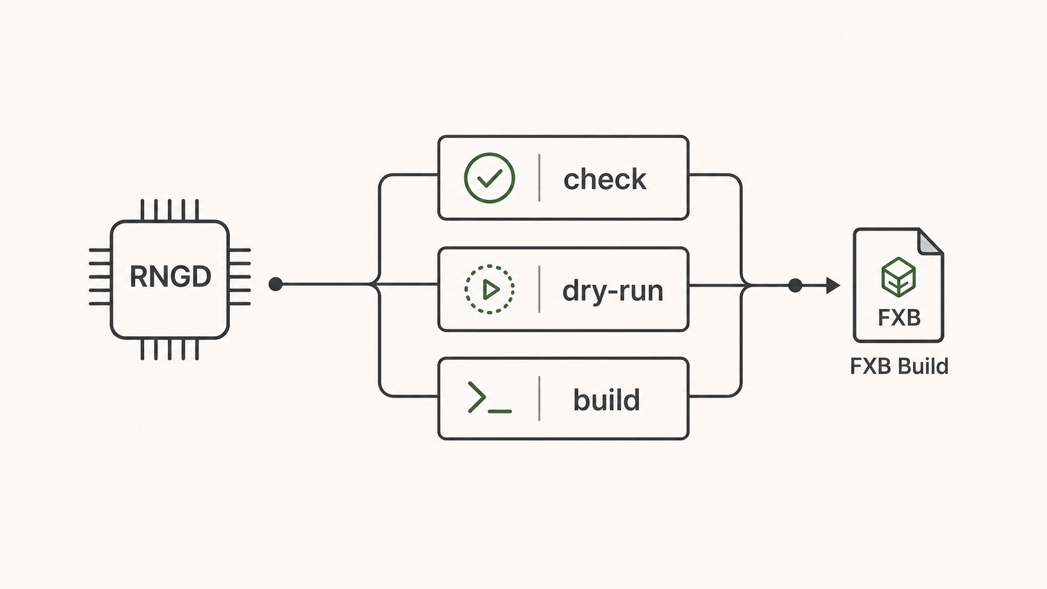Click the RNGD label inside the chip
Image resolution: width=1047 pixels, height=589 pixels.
click(170, 277)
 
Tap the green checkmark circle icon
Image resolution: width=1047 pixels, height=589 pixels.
click(490, 178)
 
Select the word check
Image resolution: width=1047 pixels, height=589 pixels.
click(605, 180)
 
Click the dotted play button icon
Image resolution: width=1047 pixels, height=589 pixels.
click(490, 289)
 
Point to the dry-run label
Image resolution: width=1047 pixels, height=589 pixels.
click(613, 291)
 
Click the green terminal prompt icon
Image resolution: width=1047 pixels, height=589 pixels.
click(490, 397)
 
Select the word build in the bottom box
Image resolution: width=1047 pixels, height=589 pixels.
click(607, 400)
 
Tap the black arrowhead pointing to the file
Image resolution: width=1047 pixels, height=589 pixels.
click(833, 285)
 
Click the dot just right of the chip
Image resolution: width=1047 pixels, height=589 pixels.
click(276, 284)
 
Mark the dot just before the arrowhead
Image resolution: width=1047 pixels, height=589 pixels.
click(795, 285)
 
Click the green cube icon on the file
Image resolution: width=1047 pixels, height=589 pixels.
click(899, 277)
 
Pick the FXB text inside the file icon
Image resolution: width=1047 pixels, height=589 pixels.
click(899, 318)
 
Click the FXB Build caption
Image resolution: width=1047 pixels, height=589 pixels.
click(899, 366)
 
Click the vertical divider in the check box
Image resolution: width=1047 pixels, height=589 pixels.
click(539, 178)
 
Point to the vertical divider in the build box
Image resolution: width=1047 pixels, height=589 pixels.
click(539, 399)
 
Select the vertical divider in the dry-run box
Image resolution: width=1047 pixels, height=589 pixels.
click(539, 289)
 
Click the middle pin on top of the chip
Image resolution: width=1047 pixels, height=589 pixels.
click(170, 210)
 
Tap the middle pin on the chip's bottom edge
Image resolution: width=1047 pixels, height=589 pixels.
click(170, 349)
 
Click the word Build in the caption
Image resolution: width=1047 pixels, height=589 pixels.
click(924, 366)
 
